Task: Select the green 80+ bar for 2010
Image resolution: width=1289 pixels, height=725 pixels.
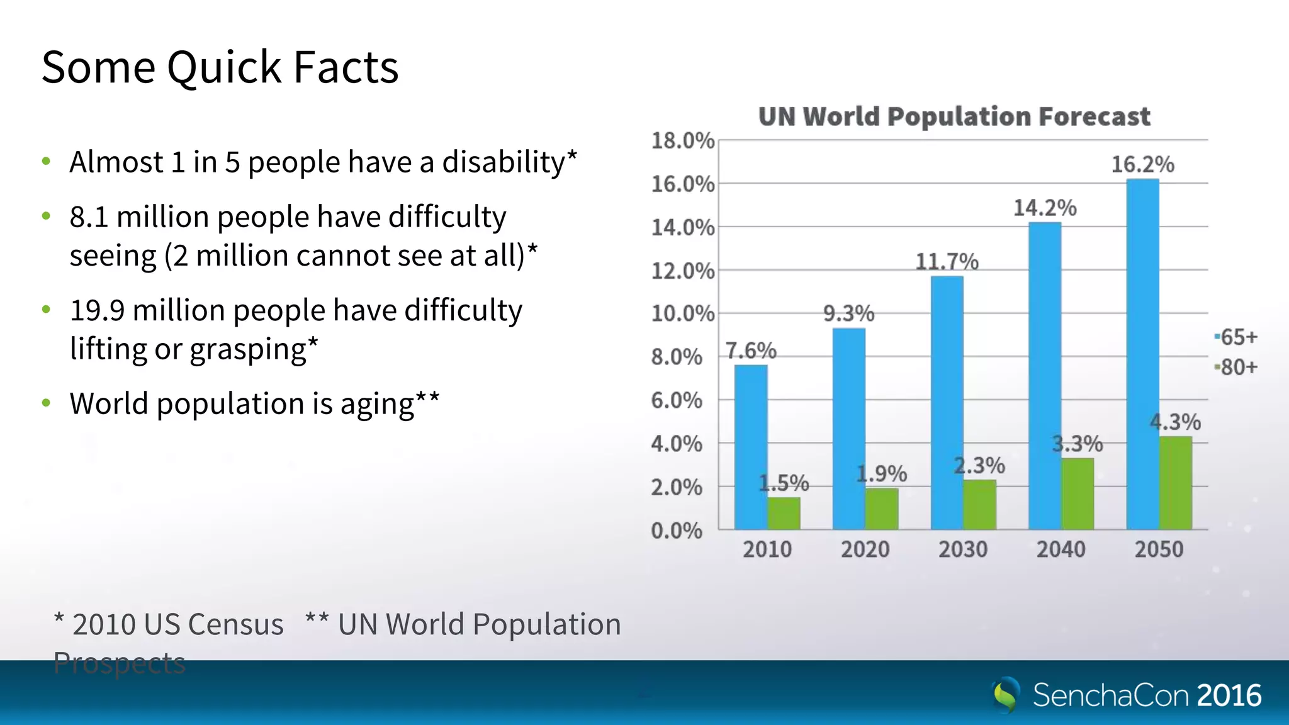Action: (784, 514)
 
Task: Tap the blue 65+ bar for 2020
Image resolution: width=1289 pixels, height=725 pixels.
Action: (848, 429)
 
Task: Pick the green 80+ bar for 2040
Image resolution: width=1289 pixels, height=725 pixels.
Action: (1078, 494)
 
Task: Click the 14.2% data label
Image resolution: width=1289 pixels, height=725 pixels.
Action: (1045, 208)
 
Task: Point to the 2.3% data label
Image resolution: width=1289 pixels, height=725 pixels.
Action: (979, 466)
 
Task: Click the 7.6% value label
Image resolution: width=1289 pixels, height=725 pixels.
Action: (751, 351)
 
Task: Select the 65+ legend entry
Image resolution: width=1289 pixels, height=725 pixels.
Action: (1237, 337)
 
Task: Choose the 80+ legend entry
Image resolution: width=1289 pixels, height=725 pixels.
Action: (1237, 367)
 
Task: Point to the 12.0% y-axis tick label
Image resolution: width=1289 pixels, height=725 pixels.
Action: (682, 271)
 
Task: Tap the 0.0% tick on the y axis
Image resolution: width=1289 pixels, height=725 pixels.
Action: (677, 531)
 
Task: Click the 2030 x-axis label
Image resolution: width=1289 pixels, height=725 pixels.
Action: (963, 549)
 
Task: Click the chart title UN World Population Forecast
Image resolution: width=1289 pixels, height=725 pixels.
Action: (954, 116)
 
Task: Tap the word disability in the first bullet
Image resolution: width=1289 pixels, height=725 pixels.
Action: (504, 162)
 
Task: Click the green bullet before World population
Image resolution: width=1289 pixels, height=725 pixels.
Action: (46, 403)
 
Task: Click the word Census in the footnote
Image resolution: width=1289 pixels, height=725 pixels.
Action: (235, 624)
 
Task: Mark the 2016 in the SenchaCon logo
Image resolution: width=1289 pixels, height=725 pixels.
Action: (1229, 695)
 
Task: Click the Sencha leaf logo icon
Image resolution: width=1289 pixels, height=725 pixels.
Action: (1006, 695)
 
